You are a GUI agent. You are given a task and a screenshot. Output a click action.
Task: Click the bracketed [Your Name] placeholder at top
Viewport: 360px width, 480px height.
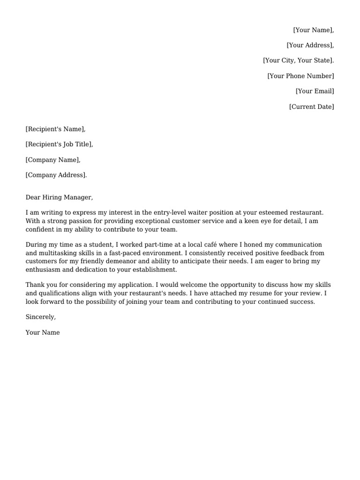click(x=313, y=30)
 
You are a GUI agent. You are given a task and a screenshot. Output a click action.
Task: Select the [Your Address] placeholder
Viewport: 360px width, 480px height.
click(x=310, y=45)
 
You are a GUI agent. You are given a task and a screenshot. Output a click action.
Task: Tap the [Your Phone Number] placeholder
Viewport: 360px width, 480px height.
click(x=300, y=76)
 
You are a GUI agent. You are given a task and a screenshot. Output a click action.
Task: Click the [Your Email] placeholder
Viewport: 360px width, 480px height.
click(x=315, y=91)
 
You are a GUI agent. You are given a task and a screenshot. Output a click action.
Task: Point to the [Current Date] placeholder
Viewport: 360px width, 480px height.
click(x=311, y=107)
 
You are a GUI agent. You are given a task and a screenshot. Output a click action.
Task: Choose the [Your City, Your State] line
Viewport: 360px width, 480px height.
click(x=298, y=60)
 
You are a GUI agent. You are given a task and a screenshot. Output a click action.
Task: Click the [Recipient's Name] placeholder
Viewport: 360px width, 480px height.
click(x=56, y=129)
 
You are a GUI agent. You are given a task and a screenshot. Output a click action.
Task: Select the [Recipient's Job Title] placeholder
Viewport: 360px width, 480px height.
click(x=59, y=144)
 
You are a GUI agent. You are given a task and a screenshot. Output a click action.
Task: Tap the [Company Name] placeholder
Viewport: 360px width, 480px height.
click(x=53, y=160)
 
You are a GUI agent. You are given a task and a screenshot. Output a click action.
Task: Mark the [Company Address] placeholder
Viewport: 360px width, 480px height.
click(x=56, y=175)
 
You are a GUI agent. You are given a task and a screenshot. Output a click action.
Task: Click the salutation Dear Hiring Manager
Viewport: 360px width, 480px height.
click(x=60, y=198)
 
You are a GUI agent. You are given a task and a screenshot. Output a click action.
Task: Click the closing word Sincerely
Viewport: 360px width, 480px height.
click(x=41, y=317)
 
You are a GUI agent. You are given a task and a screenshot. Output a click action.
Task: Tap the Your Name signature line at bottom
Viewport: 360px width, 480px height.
click(x=43, y=333)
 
